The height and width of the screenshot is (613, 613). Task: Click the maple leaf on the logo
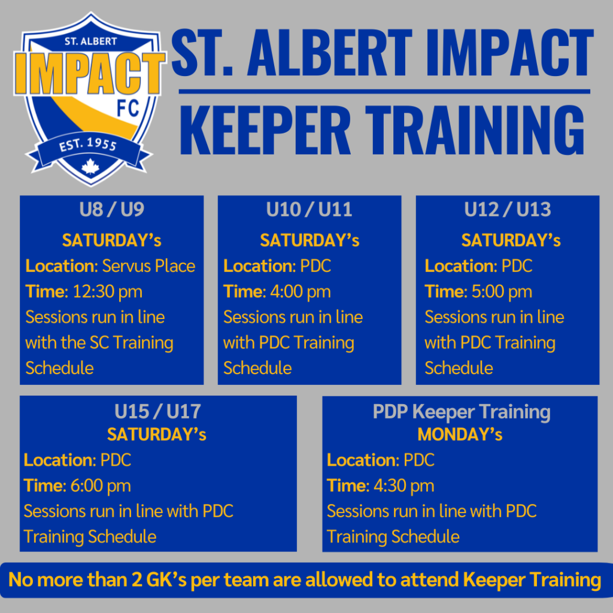(90, 166)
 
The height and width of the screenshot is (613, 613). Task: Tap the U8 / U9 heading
(111, 210)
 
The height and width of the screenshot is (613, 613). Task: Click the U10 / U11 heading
(309, 210)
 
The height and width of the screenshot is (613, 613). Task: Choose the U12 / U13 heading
(508, 210)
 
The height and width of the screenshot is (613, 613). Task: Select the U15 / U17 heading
(157, 412)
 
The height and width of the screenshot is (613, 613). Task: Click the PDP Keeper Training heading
(461, 412)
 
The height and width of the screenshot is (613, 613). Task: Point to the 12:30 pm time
(108, 292)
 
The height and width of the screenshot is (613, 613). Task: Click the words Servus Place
(148, 266)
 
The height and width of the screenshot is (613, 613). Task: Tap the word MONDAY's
(460, 435)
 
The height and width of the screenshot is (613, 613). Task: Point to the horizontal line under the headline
(383, 92)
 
